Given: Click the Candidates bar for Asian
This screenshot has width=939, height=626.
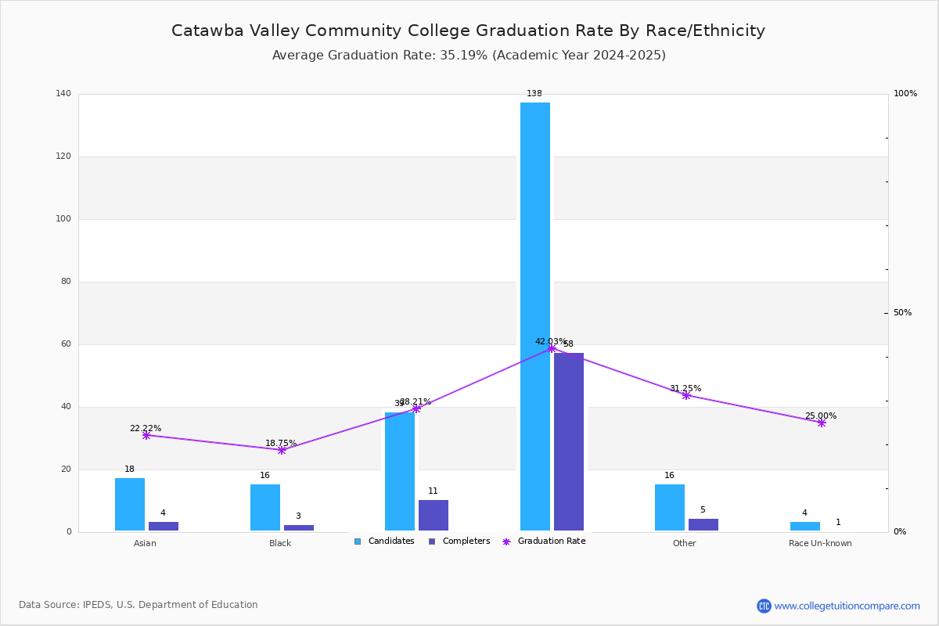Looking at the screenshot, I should pyautogui.click(x=130, y=505).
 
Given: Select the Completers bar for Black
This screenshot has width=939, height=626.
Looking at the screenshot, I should pyautogui.click(x=298, y=527).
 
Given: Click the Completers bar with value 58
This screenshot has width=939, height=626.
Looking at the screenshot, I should pyautogui.click(x=569, y=442).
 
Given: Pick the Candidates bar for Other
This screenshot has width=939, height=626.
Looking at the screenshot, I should pyautogui.click(x=670, y=508).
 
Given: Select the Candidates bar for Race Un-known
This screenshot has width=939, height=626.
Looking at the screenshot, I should pyautogui.click(x=805, y=527).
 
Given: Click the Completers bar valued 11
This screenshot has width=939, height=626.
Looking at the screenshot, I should pyautogui.click(x=434, y=516).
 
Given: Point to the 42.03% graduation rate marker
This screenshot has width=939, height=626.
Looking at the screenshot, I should pyautogui.click(x=552, y=348).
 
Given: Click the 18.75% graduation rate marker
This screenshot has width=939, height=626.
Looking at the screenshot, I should pyautogui.click(x=282, y=450).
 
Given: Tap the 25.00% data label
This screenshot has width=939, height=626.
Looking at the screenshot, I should pyautogui.click(x=821, y=416).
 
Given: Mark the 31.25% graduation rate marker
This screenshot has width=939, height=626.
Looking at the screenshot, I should pyautogui.click(x=686, y=395).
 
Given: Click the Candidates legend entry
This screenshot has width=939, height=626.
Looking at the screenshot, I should pyautogui.click(x=384, y=541).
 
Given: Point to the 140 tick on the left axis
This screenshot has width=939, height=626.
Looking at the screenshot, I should pyautogui.click(x=63, y=94).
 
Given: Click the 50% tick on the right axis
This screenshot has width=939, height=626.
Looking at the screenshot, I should pyautogui.click(x=902, y=313).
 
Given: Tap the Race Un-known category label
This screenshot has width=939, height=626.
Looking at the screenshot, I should pyautogui.click(x=820, y=543).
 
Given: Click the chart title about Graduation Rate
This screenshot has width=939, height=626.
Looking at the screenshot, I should pyautogui.click(x=468, y=31).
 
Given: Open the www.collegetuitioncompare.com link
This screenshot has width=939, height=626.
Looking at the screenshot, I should pyautogui.click(x=847, y=606).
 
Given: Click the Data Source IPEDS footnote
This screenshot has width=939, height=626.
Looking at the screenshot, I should pyautogui.click(x=139, y=605).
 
